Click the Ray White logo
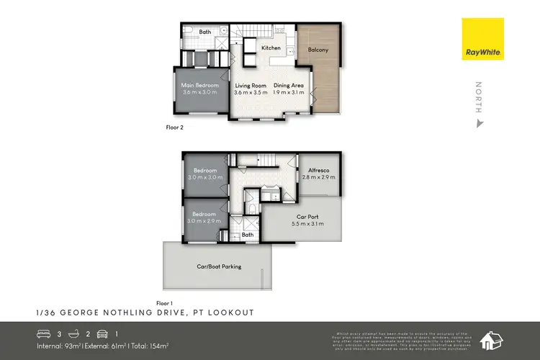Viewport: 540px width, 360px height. tap(483, 39)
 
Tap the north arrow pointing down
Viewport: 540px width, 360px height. tap(479, 124)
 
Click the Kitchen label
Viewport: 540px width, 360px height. tap(271, 48)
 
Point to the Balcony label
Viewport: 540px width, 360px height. tap(318, 50)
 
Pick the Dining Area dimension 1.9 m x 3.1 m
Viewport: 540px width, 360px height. tap(289, 92)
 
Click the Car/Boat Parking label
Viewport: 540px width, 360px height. tap(219, 266)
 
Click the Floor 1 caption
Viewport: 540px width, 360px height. tap(166, 303)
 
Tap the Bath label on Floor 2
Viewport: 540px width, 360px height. tap(205, 32)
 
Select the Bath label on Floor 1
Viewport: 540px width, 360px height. tap(248, 235)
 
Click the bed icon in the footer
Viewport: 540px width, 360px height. tap(43, 333)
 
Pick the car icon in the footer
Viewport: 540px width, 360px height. tap(102, 333)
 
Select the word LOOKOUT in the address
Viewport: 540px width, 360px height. tap(233, 312)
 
